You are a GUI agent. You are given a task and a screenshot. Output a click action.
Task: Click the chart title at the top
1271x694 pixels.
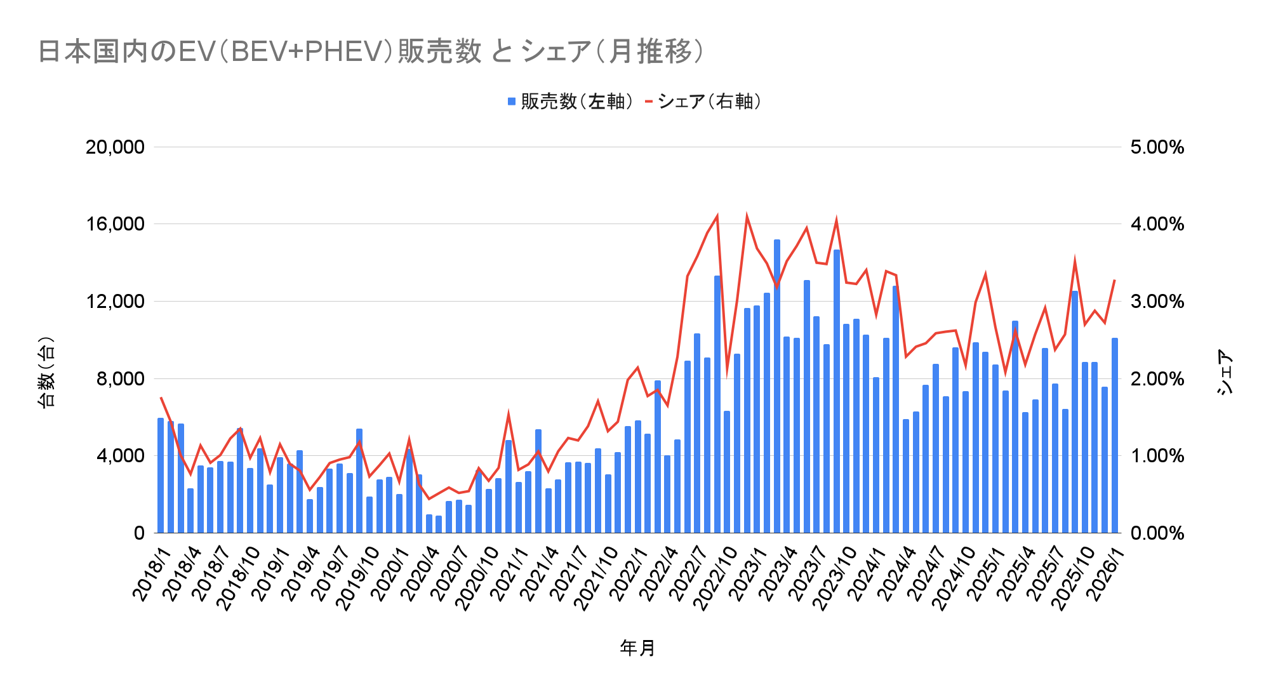pyautogui.click(x=371, y=51)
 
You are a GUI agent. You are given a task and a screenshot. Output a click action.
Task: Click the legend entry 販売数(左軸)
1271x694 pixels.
pyautogui.click(x=571, y=102)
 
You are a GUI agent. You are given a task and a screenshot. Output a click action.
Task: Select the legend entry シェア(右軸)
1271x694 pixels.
pyautogui.click(x=703, y=102)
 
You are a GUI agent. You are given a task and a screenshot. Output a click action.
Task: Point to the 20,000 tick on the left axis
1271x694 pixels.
pyautogui.click(x=115, y=147)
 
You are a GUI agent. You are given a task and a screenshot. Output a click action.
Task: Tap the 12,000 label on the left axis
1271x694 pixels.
pyautogui.click(x=115, y=302)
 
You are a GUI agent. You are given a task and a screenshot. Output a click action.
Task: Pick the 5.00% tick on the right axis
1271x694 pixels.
pyautogui.click(x=1157, y=147)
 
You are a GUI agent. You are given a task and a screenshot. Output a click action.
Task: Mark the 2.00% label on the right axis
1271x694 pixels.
pyautogui.click(x=1157, y=379)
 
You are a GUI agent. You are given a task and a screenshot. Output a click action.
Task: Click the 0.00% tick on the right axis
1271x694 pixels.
pyautogui.click(x=1157, y=533)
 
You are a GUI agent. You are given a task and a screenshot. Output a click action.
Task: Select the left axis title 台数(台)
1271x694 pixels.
pyautogui.click(x=46, y=372)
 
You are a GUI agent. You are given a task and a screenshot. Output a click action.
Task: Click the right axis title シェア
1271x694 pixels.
pyautogui.click(x=1225, y=372)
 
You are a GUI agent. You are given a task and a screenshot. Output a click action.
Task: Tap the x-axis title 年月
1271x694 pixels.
pyautogui.click(x=637, y=648)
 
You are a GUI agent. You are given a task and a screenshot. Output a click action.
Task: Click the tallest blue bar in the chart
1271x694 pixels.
pyautogui.click(x=777, y=386)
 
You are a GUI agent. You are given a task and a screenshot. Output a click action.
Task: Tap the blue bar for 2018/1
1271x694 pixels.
pyautogui.click(x=161, y=476)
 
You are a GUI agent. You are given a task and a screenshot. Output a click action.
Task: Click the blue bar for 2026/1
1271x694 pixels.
pyautogui.click(x=1115, y=436)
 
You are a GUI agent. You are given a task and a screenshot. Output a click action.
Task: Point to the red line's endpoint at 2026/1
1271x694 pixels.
pyautogui.click(x=1115, y=280)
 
